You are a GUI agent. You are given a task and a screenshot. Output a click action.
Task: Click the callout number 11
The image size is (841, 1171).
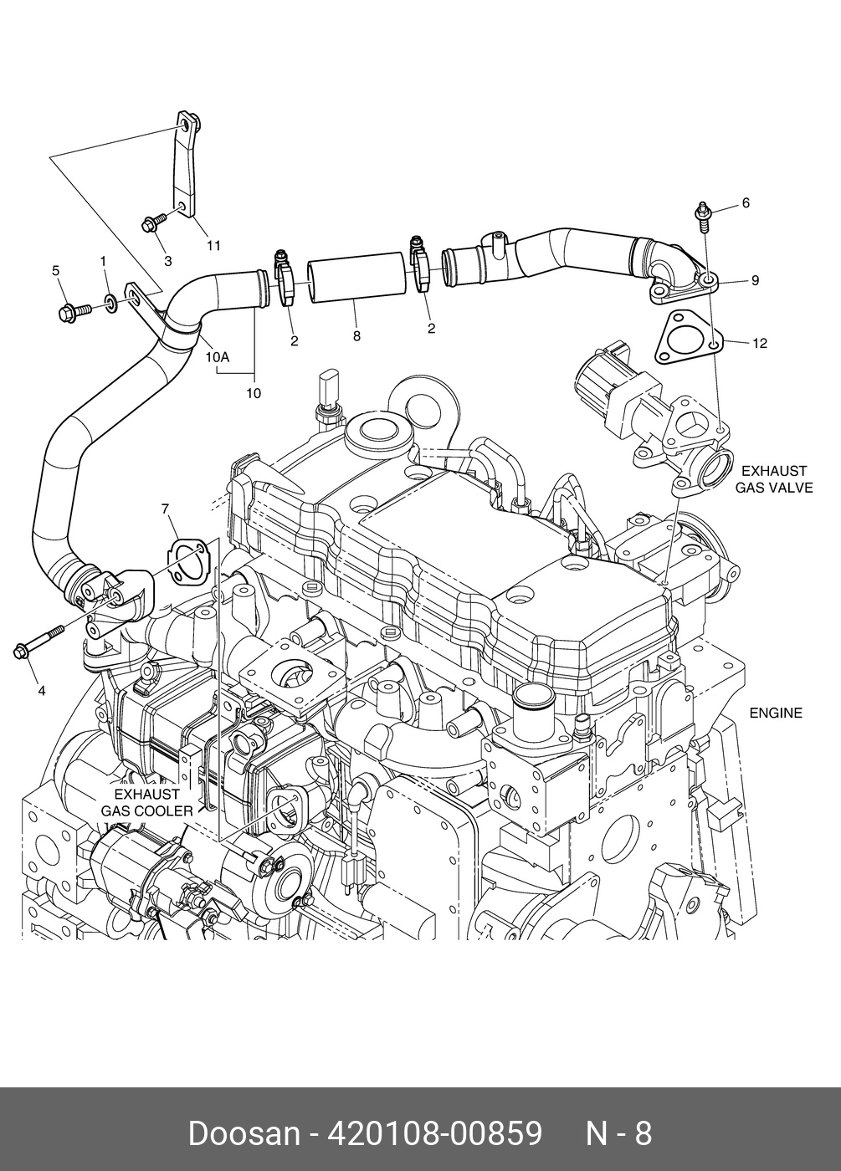coord(213,245)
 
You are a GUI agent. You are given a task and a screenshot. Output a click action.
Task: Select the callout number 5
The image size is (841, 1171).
coord(56,271)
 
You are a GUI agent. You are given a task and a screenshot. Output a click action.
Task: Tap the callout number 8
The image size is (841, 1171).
coord(356,336)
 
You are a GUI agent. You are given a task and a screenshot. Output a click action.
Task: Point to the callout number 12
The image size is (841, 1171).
coord(759,343)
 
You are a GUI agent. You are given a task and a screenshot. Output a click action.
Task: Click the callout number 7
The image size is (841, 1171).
coord(165,509)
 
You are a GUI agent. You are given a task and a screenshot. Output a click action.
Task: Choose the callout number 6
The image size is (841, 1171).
coord(746,203)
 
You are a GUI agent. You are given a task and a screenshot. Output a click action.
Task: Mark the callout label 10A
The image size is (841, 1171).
coord(217,356)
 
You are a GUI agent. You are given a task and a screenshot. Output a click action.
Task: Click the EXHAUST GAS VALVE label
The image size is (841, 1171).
coord(773,479)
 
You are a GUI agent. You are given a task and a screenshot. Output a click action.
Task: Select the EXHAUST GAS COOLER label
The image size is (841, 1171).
coord(147,802)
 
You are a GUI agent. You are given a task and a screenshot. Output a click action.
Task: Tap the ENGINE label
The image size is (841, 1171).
coord(775,713)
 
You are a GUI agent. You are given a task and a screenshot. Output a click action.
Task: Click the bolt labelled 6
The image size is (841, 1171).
coord(701,214)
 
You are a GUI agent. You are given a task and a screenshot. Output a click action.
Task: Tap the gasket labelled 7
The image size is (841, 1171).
coord(190,561)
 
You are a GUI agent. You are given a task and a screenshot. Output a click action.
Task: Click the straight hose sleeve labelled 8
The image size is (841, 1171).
coord(359,282)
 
